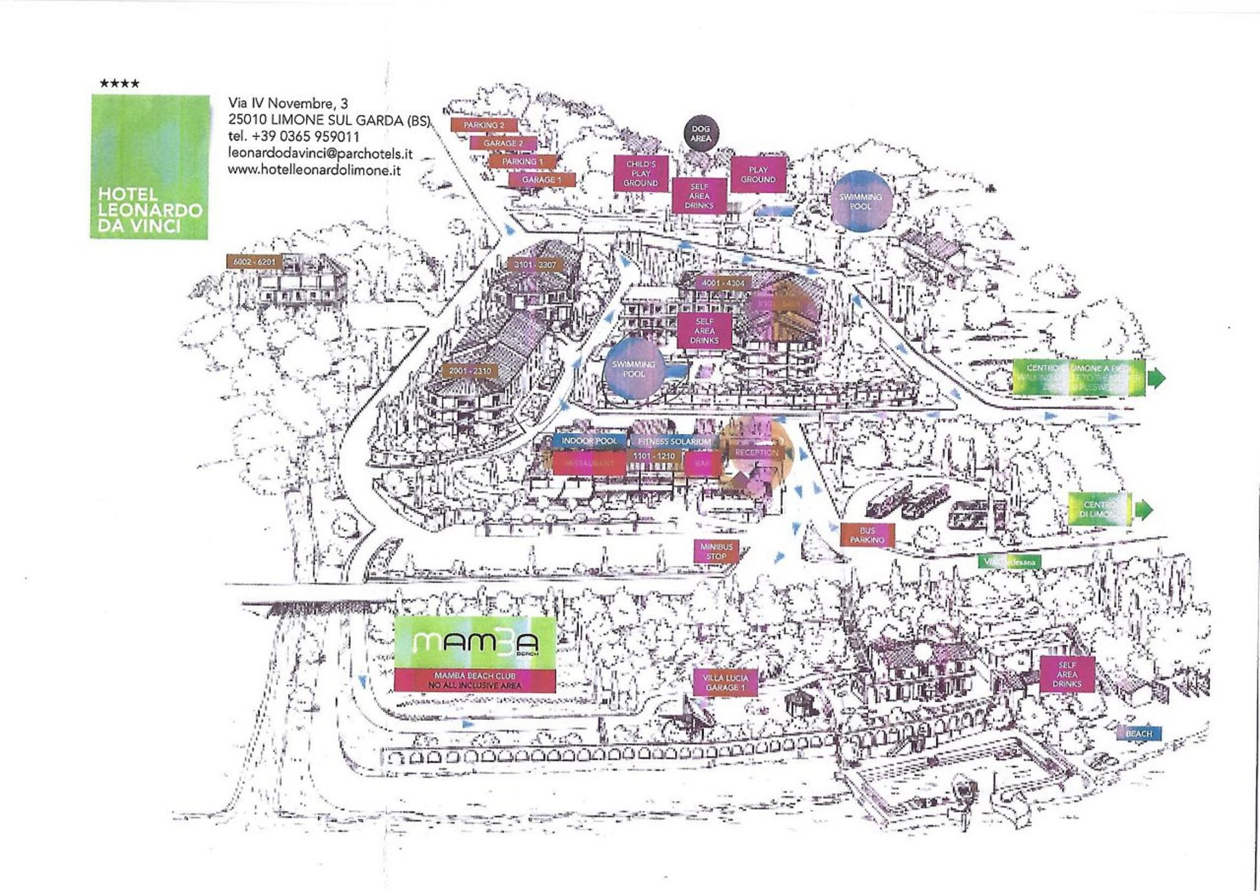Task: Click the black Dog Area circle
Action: click(x=700, y=134)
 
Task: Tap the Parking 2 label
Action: click(x=484, y=125)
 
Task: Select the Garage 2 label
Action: click(x=503, y=143)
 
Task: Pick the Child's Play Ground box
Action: click(x=641, y=173)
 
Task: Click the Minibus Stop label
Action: click(x=716, y=552)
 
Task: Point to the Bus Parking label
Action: click(x=867, y=535)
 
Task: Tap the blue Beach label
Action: click(x=1139, y=734)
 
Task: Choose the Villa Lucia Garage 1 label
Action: click(x=725, y=683)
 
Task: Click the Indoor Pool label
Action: click(x=589, y=441)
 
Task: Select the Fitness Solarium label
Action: click(x=674, y=442)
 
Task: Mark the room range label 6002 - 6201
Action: click(x=254, y=262)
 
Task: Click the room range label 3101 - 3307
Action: click(x=535, y=265)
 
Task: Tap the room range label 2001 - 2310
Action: click(x=470, y=371)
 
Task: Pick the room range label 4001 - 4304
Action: click(x=723, y=283)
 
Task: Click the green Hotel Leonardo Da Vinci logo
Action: click(x=149, y=167)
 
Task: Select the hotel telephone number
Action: click(x=294, y=136)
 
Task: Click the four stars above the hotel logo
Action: click(x=119, y=84)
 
